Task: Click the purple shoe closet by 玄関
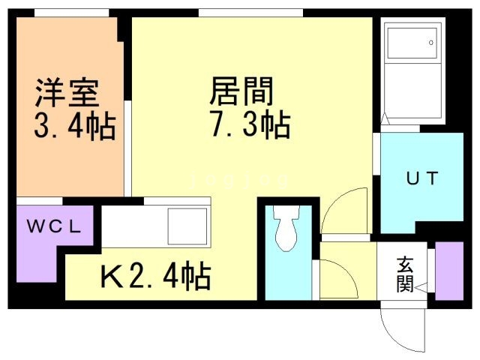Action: coord(449,271)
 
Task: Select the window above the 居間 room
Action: coord(250,13)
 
